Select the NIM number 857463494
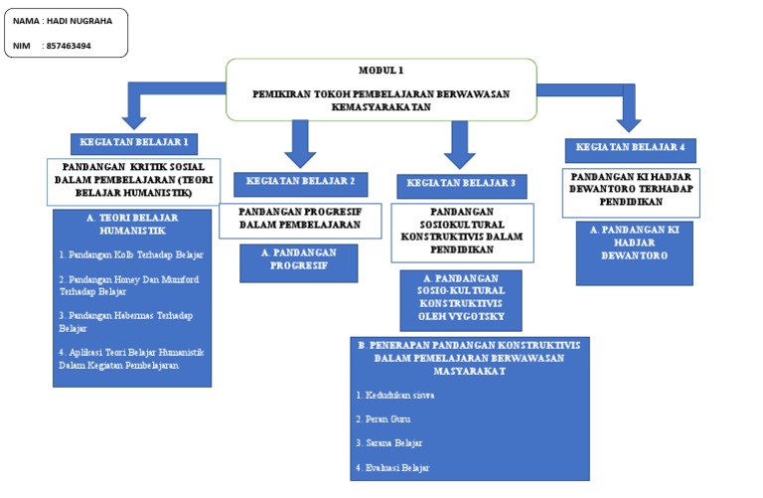pyautogui.click(x=69, y=46)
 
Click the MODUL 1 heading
pyautogui.click(x=381, y=71)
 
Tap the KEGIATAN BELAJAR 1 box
pyautogui.click(x=134, y=142)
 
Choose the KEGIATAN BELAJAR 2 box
pyautogui.click(x=300, y=182)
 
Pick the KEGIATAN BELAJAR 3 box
pyautogui.click(x=461, y=184)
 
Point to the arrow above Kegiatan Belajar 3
pyautogui.click(x=459, y=144)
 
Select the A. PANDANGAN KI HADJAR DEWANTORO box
pyautogui.click(x=634, y=243)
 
